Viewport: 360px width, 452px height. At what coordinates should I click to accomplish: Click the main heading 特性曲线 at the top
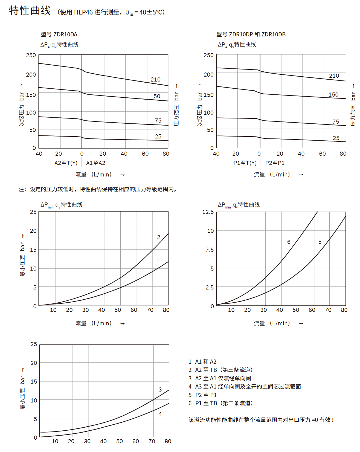pos(30,11)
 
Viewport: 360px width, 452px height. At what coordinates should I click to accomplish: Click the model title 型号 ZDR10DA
pos(59,34)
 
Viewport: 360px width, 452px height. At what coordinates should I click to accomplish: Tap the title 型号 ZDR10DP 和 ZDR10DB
pos(251,34)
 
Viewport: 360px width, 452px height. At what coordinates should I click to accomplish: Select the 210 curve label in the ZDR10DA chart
pos(155,80)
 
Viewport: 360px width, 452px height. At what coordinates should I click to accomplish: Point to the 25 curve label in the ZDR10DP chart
pos(336,138)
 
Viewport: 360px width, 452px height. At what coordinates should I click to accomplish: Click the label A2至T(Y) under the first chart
pos(66,163)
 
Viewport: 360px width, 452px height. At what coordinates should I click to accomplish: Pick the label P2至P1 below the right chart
pos(275,163)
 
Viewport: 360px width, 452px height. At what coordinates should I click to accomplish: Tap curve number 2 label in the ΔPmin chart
pos(158,237)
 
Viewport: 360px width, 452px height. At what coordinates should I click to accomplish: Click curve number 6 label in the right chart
pos(289,242)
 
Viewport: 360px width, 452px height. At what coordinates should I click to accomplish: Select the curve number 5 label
pos(320,242)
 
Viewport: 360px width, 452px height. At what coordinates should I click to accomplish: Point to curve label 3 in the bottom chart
pos(160,389)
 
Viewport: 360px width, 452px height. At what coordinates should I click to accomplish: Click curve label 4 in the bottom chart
pos(160,414)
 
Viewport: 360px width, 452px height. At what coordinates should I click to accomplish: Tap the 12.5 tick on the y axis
pos(208,212)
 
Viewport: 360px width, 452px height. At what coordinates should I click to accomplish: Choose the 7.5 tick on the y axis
pos(210,250)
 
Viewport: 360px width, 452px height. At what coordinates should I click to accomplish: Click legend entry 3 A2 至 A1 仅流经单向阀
pos(220,378)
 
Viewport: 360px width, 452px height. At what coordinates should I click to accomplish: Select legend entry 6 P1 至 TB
pos(220,403)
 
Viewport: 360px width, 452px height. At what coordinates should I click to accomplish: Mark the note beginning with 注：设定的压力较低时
pos(98,189)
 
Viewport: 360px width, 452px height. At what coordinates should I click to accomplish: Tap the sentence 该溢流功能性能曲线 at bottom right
pos(261,420)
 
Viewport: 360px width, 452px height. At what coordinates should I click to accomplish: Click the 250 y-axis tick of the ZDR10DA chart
pos(31,55)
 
